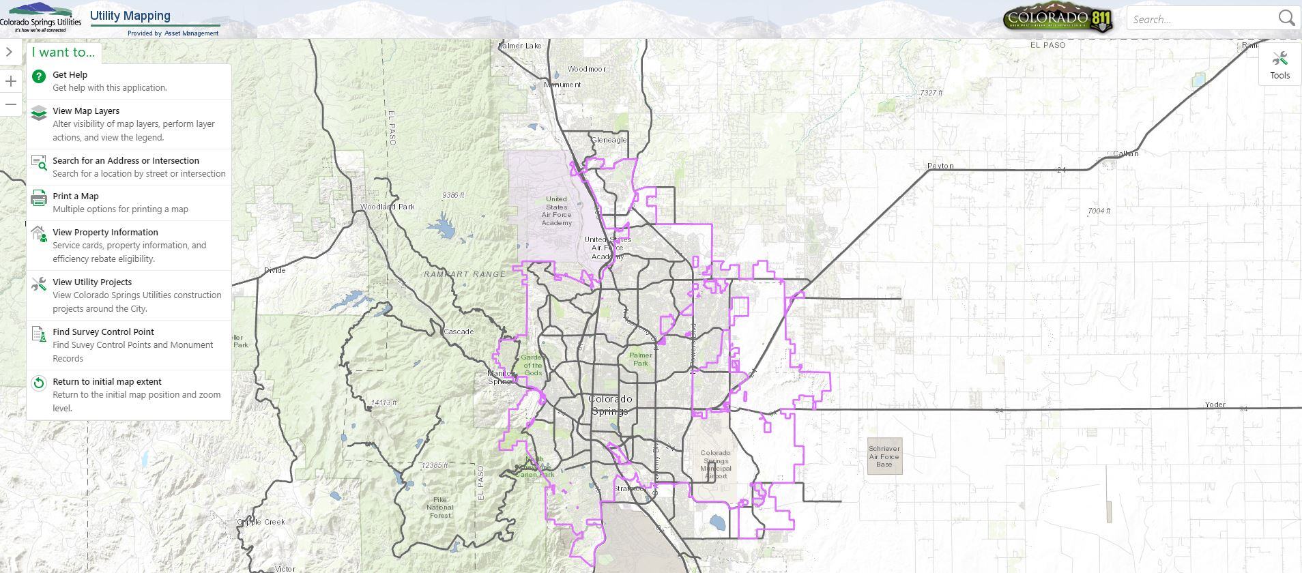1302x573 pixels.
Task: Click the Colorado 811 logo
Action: [x=1058, y=19]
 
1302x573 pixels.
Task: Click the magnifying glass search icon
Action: [x=1286, y=18]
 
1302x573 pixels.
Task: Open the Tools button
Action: [x=1279, y=65]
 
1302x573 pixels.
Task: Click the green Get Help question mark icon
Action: [x=39, y=76]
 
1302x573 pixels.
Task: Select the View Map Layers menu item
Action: [x=86, y=111]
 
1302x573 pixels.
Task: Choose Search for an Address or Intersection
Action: [x=126, y=161]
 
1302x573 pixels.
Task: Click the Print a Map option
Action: [x=76, y=196]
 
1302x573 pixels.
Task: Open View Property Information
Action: [x=105, y=233]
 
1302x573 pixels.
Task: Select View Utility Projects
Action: [x=92, y=282]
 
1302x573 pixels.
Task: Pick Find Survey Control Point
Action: [x=103, y=332]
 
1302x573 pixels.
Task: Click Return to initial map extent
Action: [x=107, y=382]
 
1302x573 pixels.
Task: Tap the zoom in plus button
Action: [x=11, y=82]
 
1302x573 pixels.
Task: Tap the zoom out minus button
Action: [x=11, y=104]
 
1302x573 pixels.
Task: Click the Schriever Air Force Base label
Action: [x=884, y=456]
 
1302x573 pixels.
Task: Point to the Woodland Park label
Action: [x=387, y=207]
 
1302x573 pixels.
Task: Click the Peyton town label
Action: [x=940, y=166]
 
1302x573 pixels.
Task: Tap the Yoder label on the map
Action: [x=1215, y=405]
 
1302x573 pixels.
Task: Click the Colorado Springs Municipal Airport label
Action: [x=715, y=464]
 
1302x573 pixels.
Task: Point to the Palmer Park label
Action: [x=640, y=359]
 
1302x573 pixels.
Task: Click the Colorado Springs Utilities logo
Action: [x=41, y=18]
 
